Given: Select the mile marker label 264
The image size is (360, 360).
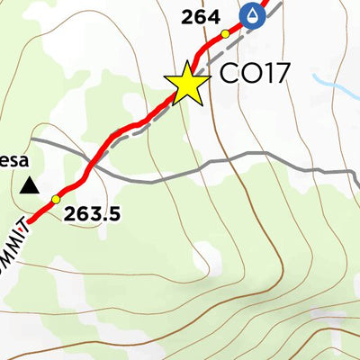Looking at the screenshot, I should (201, 16).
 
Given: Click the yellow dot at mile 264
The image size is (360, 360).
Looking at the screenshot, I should (226, 34).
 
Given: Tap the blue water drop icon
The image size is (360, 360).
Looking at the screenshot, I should (254, 15).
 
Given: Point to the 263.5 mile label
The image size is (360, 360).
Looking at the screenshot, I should (94, 214).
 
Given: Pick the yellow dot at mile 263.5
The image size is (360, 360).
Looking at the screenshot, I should (56, 199).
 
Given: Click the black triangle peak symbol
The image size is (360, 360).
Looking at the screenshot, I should (30, 186).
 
